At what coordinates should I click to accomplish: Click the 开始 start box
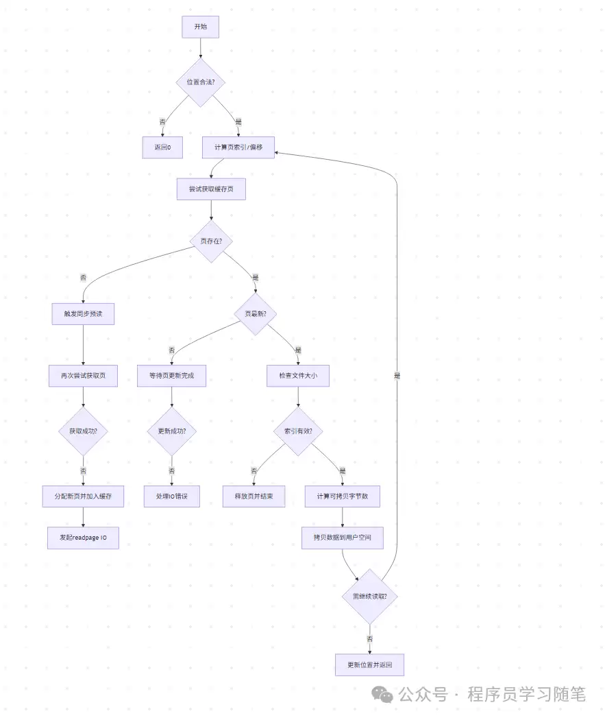click(200, 27)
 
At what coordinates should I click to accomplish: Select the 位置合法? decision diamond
click(200, 82)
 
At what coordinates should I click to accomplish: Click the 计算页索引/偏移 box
click(238, 147)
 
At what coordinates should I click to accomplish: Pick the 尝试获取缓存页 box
click(211, 189)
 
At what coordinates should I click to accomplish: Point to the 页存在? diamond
click(211, 241)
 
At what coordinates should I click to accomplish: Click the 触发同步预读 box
click(83, 314)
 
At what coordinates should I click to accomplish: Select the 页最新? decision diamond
click(255, 314)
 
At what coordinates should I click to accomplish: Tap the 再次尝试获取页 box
click(83, 376)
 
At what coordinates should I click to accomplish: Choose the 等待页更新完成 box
click(171, 376)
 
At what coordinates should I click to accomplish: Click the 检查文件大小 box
click(298, 376)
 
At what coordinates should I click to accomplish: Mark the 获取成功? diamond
click(83, 431)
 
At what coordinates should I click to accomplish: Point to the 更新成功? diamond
click(171, 431)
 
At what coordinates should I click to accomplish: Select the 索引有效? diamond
click(298, 431)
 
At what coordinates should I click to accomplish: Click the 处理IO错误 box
click(171, 496)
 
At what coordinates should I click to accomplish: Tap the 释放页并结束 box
click(254, 496)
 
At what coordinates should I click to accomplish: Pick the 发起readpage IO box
click(83, 538)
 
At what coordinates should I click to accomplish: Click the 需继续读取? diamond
click(369, 596)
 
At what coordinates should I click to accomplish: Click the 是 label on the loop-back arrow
click(397, 376)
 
